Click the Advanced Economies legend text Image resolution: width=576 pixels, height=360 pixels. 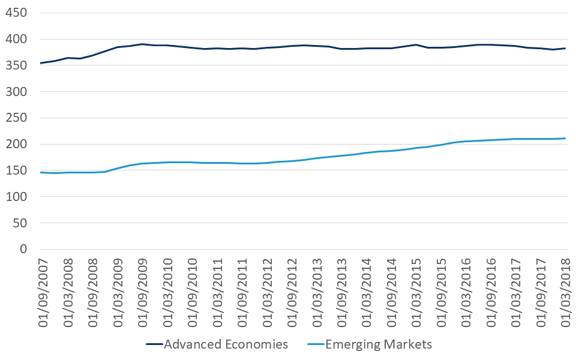[x=226, y=344]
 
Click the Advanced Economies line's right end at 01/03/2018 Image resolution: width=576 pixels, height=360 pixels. [x=566, y=49]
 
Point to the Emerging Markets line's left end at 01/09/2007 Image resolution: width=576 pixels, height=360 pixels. [x=41, y=172]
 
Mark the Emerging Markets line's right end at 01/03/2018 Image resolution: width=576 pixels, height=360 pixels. [x=566, y=139]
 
